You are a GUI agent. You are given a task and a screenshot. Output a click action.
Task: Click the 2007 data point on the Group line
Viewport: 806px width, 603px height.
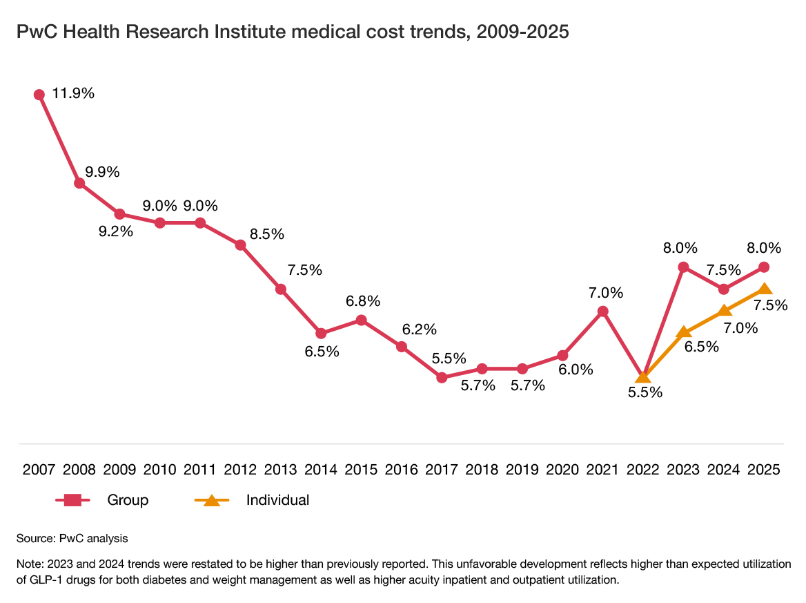tap(39, 95)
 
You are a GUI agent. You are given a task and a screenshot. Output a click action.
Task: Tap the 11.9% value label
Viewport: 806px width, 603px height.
tap(73, 93)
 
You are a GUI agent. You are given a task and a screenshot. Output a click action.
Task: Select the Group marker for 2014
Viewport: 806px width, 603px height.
tap(321, 334)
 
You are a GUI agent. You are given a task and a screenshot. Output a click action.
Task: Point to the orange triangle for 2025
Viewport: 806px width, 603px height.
tap(764, 289)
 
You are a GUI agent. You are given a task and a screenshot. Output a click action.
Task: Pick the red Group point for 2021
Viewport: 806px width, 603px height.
tap(602, 312)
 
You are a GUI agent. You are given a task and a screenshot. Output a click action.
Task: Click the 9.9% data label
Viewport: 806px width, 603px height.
tap(102, 172)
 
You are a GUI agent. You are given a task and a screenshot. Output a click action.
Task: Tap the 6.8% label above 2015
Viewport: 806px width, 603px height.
tap(363, 301)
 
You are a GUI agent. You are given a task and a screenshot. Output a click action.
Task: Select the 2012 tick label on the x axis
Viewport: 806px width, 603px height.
tap(240, 470)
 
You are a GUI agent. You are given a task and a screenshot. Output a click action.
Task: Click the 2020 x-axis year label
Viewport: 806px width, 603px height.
tap(562, 470)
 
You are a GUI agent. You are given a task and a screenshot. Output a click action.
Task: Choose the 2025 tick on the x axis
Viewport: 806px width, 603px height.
tap(763, 470)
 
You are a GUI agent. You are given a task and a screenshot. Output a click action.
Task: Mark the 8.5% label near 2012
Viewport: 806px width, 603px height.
tap(267, 234)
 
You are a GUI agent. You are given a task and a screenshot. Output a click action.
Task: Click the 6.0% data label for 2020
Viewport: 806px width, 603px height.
tap(576, 370)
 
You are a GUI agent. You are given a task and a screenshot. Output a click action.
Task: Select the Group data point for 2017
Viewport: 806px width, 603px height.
tap(442, 377)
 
